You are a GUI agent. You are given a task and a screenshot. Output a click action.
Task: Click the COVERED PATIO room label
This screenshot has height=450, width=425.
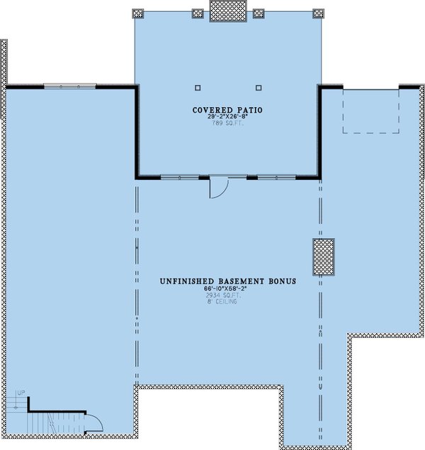pos(227,110)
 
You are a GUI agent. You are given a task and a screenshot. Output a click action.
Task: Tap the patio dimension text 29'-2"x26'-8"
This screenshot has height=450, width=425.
pos(227,118)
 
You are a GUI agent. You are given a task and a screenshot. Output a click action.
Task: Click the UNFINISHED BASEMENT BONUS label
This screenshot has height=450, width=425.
pos(227,281)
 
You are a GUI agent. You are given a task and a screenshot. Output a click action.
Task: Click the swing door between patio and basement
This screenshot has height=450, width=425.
pos(218,188)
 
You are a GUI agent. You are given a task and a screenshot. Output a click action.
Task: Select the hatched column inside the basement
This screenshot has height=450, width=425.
pos(323,257)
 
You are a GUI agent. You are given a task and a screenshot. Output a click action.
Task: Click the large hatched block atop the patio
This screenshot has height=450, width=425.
pos(227,11)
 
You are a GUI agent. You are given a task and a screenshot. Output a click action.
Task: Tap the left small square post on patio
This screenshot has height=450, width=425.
pos(198,88)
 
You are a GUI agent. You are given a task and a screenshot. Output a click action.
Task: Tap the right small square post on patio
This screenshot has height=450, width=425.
pos(258,88)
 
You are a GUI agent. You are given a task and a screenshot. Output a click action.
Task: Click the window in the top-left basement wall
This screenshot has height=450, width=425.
pos(69,86)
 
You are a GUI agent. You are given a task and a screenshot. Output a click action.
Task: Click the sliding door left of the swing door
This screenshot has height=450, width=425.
pos(181,177)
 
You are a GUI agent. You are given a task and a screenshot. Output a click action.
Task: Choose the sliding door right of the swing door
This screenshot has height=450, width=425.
pos(276,177)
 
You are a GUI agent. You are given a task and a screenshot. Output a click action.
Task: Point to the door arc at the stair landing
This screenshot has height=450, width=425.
pos(93,423)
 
